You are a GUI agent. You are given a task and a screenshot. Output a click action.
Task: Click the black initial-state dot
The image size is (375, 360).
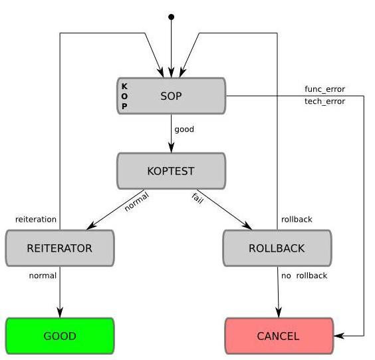coord(172,17)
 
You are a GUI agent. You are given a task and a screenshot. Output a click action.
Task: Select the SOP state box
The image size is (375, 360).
coord(172,96)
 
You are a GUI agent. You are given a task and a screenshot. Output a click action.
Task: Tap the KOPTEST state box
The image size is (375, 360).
coord(172,171)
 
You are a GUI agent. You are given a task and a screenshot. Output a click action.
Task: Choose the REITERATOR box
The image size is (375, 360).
coord(60,248)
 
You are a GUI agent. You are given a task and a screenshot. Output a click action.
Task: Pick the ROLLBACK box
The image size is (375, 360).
coord(277,248)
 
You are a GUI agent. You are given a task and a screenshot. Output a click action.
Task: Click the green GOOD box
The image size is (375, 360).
coord(60,336)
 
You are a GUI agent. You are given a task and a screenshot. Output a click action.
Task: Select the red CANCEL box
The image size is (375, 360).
coord(279,336)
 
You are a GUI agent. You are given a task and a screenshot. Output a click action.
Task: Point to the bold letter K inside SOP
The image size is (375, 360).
coord(124,86)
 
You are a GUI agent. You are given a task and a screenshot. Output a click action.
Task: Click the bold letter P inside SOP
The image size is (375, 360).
coord(124,106)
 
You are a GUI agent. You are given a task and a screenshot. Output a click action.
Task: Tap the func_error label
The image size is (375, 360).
coord(324,89)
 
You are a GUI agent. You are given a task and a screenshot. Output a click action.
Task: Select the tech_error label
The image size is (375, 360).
coord(324,101)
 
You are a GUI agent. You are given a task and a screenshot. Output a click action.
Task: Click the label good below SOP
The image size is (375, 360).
coord(184,130)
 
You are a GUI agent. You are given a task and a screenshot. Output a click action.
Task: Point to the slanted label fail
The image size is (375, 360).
coord(197,198)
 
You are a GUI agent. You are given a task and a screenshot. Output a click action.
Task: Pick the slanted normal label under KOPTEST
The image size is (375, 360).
coord(137,202)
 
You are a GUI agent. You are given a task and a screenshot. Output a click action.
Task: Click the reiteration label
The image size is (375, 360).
coord(36,219)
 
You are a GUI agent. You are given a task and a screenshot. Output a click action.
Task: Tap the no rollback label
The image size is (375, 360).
coord(305,275)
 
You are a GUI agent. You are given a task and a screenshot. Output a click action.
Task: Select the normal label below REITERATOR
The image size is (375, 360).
coord(43,275)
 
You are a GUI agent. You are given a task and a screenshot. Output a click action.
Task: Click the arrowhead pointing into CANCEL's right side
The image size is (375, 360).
coord(339,336)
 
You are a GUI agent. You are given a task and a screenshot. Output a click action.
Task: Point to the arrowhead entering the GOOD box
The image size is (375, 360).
coord(60,312)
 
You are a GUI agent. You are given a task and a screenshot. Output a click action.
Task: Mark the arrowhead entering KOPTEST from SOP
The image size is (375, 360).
coord(172,148)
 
